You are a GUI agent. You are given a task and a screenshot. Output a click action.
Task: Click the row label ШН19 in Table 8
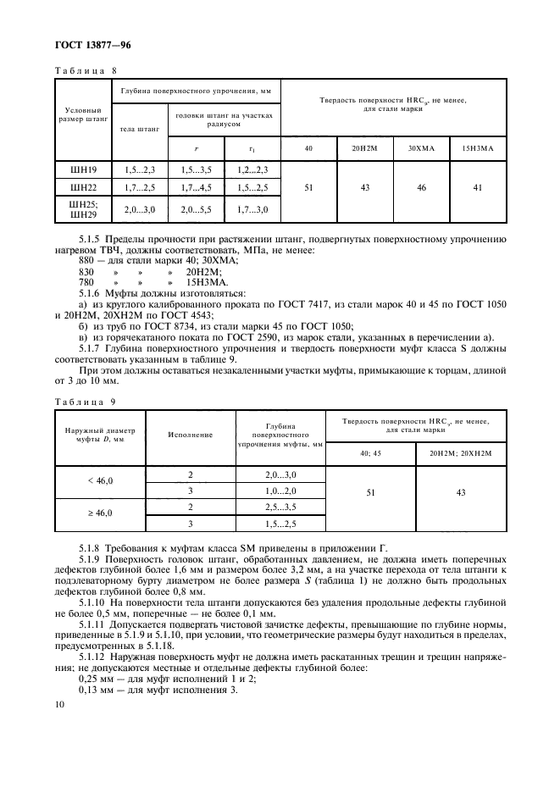click(84, 170)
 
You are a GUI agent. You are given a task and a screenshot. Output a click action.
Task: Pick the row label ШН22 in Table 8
click(84, 186)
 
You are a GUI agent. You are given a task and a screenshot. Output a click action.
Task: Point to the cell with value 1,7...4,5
click(196, 186)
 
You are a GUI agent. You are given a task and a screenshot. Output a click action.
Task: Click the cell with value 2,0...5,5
click(196, 208)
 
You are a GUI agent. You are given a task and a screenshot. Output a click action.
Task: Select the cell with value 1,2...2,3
click(251, 170)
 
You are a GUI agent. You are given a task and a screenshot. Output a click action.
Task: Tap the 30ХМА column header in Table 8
click(420, 149)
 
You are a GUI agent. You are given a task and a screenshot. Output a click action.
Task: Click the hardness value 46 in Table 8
click(420, 187)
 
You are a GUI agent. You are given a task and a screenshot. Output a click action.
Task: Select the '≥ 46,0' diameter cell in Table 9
click(100, 513)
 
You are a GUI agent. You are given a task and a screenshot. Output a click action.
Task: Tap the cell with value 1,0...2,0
click(280, 490)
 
